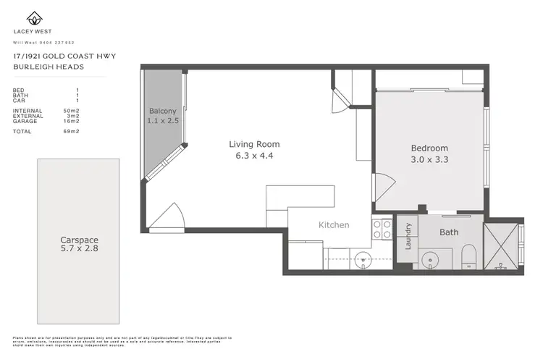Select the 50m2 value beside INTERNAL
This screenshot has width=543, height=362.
[71, 110]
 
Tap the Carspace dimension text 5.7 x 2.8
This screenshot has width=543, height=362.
[79, 249]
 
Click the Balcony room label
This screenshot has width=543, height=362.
[163, 111]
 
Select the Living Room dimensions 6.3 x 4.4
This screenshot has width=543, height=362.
[254, 155]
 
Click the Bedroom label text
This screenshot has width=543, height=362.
[430, 148]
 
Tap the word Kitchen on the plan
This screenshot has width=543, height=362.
[334, 225]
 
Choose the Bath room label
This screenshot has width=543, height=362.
[449, 232]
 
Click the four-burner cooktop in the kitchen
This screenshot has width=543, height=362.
[382, 230]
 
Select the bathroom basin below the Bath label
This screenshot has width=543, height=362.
[431, 258]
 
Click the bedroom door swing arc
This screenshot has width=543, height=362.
[382, 189]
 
